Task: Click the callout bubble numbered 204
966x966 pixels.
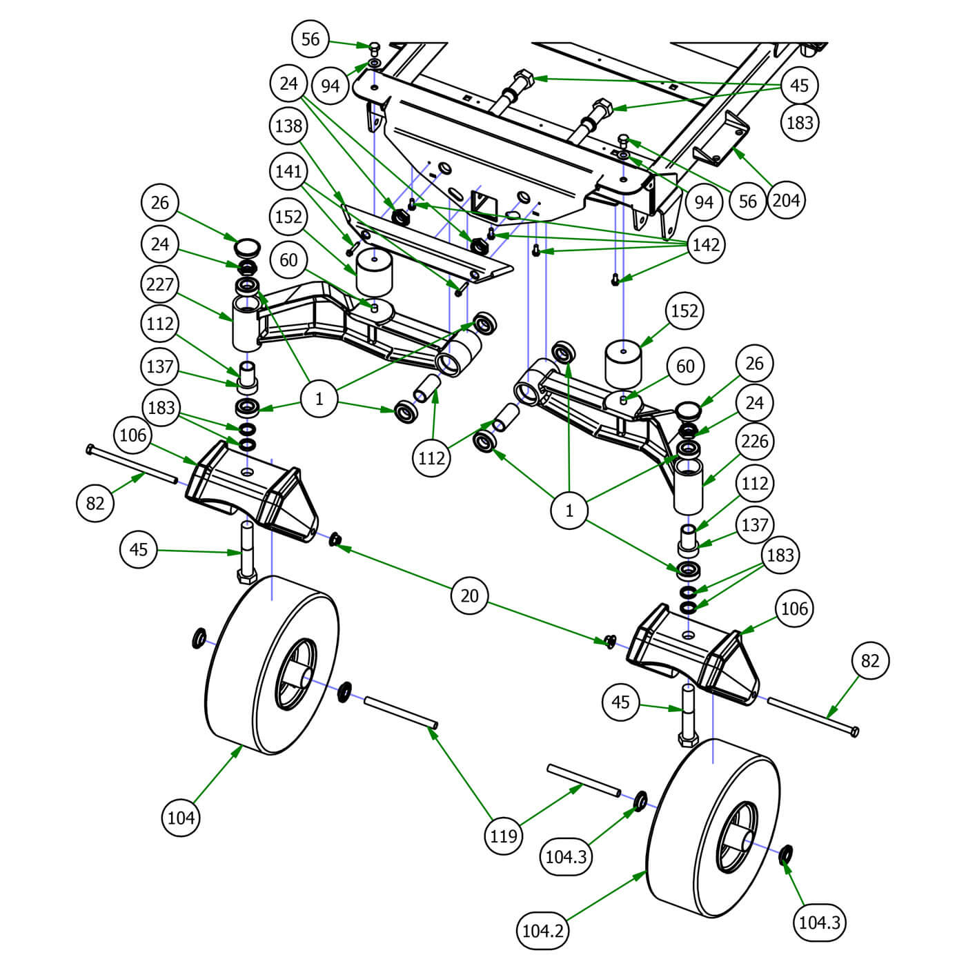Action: (785, 200)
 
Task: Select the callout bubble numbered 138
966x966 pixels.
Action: (288, 126)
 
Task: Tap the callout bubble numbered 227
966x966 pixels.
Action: (160, 284)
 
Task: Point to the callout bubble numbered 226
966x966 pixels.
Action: (754, 441)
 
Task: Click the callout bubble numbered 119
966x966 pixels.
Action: (503, 836)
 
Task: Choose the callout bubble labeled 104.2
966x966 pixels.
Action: (543, 931)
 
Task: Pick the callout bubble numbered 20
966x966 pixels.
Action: (469, 595)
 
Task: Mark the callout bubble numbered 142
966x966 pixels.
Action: (705, 245)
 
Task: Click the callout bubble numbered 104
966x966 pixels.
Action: (181, 818)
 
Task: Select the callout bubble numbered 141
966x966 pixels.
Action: (288, 170)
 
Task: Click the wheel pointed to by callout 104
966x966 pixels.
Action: (273, 666)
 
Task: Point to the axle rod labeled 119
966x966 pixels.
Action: (400, 711)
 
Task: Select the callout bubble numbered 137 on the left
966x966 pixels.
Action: (160, 366)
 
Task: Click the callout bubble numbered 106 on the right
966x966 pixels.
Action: (794, 609)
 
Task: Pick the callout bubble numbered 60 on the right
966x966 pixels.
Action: (685, 366)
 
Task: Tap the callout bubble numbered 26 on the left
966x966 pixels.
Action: (160, 203)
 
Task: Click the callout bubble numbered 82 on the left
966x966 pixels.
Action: (95, 503)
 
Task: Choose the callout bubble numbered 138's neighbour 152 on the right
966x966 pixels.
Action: (684, 310)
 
